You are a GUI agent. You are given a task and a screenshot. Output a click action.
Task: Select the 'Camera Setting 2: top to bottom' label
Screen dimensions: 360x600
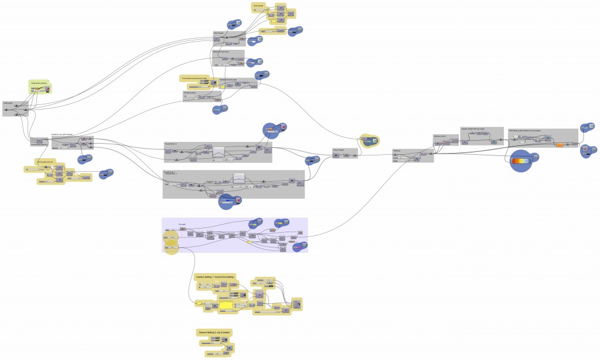[214, 332]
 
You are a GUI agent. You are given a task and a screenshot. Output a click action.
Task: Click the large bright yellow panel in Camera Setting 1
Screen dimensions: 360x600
[226, 304]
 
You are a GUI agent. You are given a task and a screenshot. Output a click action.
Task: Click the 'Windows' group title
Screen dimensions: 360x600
[397, 151]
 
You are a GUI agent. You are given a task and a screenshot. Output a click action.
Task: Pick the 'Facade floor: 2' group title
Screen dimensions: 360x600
[172, 143]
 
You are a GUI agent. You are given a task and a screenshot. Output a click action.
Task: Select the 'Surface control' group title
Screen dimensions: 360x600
[439, 135]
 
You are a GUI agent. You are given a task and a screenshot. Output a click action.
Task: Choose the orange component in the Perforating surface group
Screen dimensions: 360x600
[559, 145]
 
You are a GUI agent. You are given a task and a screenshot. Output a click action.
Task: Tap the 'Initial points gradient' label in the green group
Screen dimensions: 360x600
[39, 83]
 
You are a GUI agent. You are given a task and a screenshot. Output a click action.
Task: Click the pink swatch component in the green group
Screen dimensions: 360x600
[47, 89]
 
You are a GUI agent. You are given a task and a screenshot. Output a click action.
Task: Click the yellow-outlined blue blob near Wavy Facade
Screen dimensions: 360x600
[369, 141]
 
